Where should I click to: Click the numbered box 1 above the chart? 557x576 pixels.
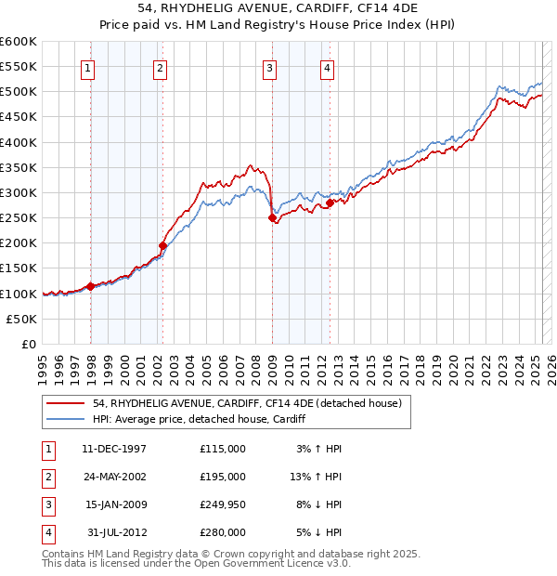(86, 67)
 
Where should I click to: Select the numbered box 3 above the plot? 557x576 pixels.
(268, 67)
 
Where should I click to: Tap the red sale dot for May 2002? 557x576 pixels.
(163, 245)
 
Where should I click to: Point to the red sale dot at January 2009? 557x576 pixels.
(272, 218)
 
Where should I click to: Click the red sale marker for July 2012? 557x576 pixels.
(330, 203)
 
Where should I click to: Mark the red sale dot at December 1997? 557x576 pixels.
(91, 286)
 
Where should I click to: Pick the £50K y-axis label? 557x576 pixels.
(21, 319)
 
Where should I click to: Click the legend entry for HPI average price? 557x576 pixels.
(200, 420)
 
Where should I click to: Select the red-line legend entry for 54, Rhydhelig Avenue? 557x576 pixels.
(246, 403)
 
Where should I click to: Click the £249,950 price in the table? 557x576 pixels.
(223, 504)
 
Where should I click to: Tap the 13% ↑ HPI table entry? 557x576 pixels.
(316, 477)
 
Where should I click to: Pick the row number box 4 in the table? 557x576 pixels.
(47, 532)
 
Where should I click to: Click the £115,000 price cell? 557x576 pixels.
(223, 449)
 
